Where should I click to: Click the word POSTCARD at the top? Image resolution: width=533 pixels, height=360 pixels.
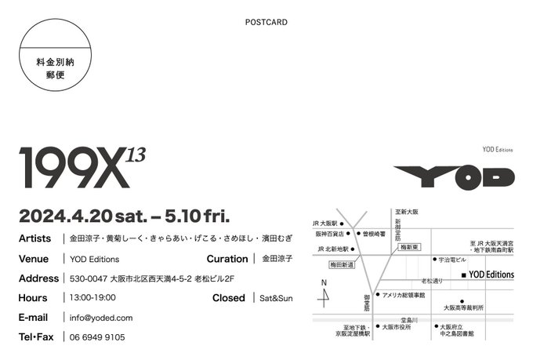tap(266, 22)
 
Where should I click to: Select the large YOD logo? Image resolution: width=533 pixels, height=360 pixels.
tap(454, 177)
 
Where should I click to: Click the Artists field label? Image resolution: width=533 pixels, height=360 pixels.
tap(34, 238)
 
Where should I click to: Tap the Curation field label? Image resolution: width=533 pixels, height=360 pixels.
tap(227, 258)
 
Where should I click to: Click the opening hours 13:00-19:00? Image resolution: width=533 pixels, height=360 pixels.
tap(93, 298)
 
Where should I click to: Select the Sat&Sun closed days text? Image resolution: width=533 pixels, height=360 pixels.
tap(276, 298)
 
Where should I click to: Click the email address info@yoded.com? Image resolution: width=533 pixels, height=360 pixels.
tap(101, 318)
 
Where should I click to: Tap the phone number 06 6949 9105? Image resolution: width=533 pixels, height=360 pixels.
tap(97, 337)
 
